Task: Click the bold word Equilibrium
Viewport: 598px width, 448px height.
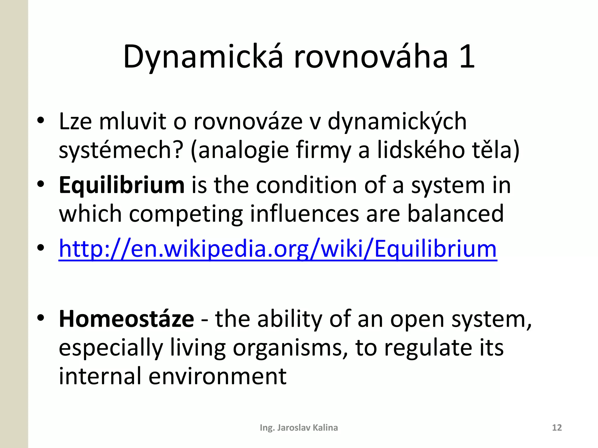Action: (x=121, y=185)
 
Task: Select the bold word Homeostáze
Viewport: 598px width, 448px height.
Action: (x=126, y=319)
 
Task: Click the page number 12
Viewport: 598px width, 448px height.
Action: (x=557, y=428)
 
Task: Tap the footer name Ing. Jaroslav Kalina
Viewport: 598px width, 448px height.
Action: (x=299, y=428)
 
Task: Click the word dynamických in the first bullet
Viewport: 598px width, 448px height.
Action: (x=397, y=122)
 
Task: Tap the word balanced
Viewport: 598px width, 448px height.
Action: (x=456, y=214)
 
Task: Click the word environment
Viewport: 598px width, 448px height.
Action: (x=217, y=376)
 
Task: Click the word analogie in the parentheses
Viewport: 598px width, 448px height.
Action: (x=244, y=150)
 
